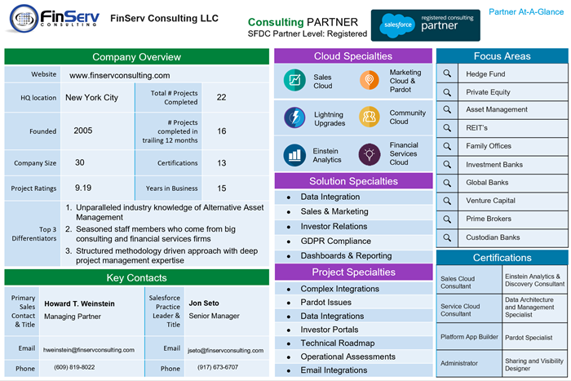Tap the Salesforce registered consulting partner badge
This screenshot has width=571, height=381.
tap(425, 25)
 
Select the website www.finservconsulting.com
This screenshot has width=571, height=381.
tap(119, 75)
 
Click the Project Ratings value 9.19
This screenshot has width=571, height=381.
tap(83, 188)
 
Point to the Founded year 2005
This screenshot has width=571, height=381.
tap(83, 131)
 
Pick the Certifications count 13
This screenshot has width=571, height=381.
tap(222, 163)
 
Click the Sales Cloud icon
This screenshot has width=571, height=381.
tap(294, 81)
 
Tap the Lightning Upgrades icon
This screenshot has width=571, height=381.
tap(294, 117)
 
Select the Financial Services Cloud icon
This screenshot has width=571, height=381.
tap(370, 153)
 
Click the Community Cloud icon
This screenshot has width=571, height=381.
tap(370, 117)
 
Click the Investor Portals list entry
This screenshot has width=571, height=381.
tap(330, 330)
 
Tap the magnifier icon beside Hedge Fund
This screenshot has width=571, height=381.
tap(447, 73)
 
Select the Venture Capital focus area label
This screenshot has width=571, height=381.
tap(491, 201)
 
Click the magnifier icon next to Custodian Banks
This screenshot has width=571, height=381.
tap(447, 237)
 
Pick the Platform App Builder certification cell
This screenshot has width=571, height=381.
tap(469, 336)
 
